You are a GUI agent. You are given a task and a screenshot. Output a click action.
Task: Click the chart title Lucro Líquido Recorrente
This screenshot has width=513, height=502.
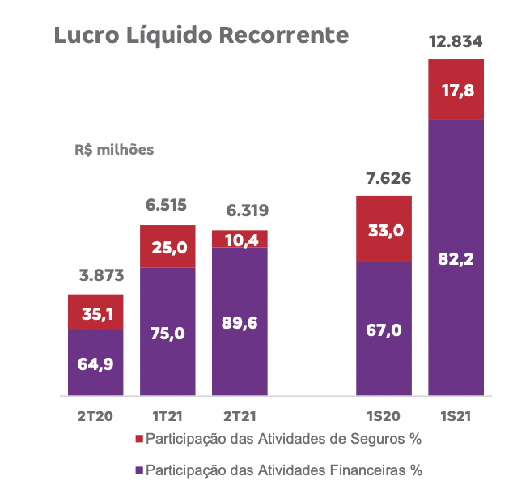(201, 36)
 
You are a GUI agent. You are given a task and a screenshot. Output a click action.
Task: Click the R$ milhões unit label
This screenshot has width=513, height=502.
(114, 150)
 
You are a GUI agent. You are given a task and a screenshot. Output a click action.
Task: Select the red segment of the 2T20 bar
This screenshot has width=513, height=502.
(95, 313)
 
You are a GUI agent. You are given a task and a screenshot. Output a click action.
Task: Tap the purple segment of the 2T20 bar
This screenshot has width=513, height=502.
(95, 364)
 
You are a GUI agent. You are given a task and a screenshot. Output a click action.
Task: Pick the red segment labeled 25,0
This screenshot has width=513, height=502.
(167, 246)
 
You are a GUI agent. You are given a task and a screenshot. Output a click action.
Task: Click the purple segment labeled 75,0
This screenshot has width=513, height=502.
(167, 332)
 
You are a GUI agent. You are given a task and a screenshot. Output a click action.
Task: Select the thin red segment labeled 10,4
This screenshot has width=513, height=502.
(240, 239)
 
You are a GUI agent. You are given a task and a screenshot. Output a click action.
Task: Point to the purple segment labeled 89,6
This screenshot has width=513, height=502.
(240, 322)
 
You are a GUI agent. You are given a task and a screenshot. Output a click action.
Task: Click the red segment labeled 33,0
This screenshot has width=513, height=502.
(384, 229)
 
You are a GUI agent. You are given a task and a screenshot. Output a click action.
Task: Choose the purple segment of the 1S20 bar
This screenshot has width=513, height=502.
(384, 330)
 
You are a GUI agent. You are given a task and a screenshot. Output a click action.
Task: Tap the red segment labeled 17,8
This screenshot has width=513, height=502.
(456, 89)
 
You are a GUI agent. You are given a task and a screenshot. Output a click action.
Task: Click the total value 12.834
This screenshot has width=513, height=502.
(456, 42)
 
